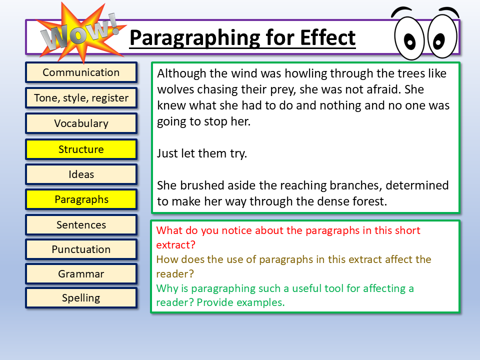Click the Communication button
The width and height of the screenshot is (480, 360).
pyautogui.click(x=81, y=72)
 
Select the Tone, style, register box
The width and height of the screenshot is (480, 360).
pyautogui.click(x=81, y=98)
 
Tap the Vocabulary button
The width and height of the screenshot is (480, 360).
pyautogui.click(x=81, y=123)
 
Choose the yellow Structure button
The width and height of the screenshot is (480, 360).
pyautogui.click(x=81, y=149)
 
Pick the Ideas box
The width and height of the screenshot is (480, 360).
pyautogui.click(x=81, y=174)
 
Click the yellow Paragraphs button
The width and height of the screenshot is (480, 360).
pyautogui.click(x=81, y=199)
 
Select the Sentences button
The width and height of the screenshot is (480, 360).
pyautogui.click(x=81, y=225)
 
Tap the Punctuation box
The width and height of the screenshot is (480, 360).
pyautogui.click(x=81, y=249)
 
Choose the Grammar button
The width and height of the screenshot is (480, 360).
pyautogui.click(x=81, y=274)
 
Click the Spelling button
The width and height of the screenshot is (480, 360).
pyautogui.click(x=81, y=298)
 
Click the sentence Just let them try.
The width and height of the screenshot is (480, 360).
pyautogui.click(x=202, y=153)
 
